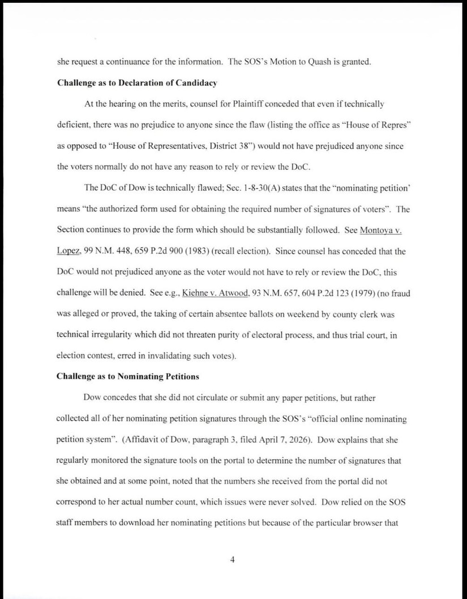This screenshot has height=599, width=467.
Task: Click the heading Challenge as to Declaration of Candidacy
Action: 137,83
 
